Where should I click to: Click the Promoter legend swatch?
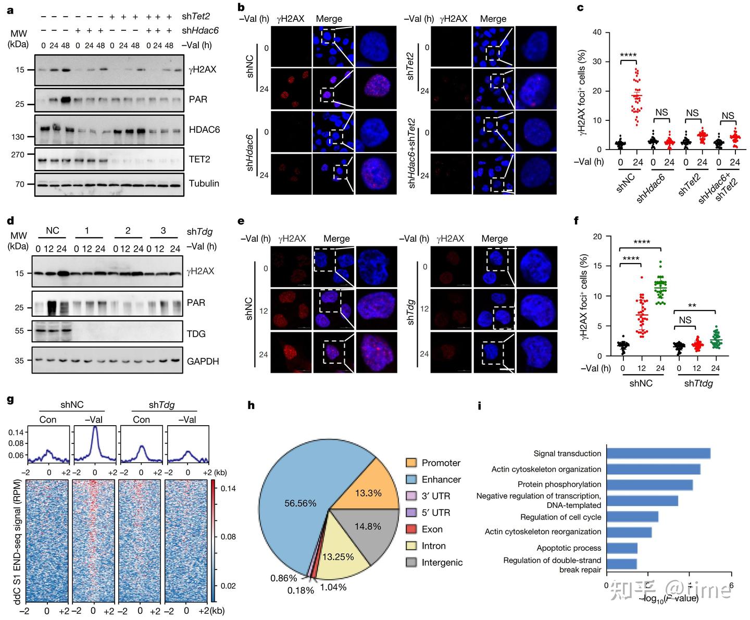pos(411,463)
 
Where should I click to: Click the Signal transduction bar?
pos(658,453)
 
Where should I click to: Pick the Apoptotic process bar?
pos(622,548)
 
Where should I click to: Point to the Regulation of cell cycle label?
pos(560,517)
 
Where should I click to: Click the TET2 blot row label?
pos(199,159)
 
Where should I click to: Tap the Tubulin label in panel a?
pos(204,183)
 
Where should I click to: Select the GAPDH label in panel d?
pos(203,361)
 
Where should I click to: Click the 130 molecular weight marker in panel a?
pos(18,137)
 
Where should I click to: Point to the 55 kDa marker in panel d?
pos(19,331)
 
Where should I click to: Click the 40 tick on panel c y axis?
pos(597,32)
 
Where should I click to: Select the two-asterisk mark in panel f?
pos(692,306)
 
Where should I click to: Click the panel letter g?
pos(10,400)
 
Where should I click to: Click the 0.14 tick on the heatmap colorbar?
pos(228,489)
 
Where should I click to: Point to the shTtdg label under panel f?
pos(698,383)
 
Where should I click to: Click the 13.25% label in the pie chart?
pos(337,557)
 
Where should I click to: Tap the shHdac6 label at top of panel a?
pos(200,31)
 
